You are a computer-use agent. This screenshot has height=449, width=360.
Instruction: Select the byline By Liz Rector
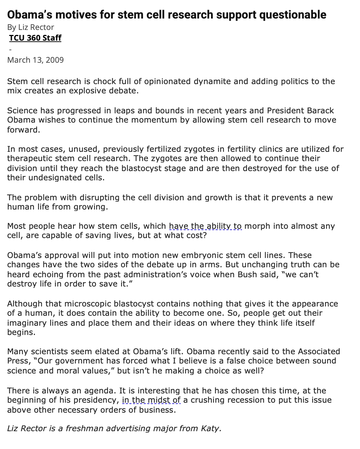[31, 27]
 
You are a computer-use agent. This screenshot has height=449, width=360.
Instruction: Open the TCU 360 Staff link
[35, 38]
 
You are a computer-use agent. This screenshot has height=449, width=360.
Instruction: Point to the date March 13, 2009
[35, 60]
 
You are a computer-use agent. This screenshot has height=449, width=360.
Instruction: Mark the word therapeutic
[31, 158]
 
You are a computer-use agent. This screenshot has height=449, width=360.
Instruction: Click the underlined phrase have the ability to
[205, 226]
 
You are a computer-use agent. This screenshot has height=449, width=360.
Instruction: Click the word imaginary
[30, 323]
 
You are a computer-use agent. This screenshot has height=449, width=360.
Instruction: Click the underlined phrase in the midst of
[151, 400]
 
